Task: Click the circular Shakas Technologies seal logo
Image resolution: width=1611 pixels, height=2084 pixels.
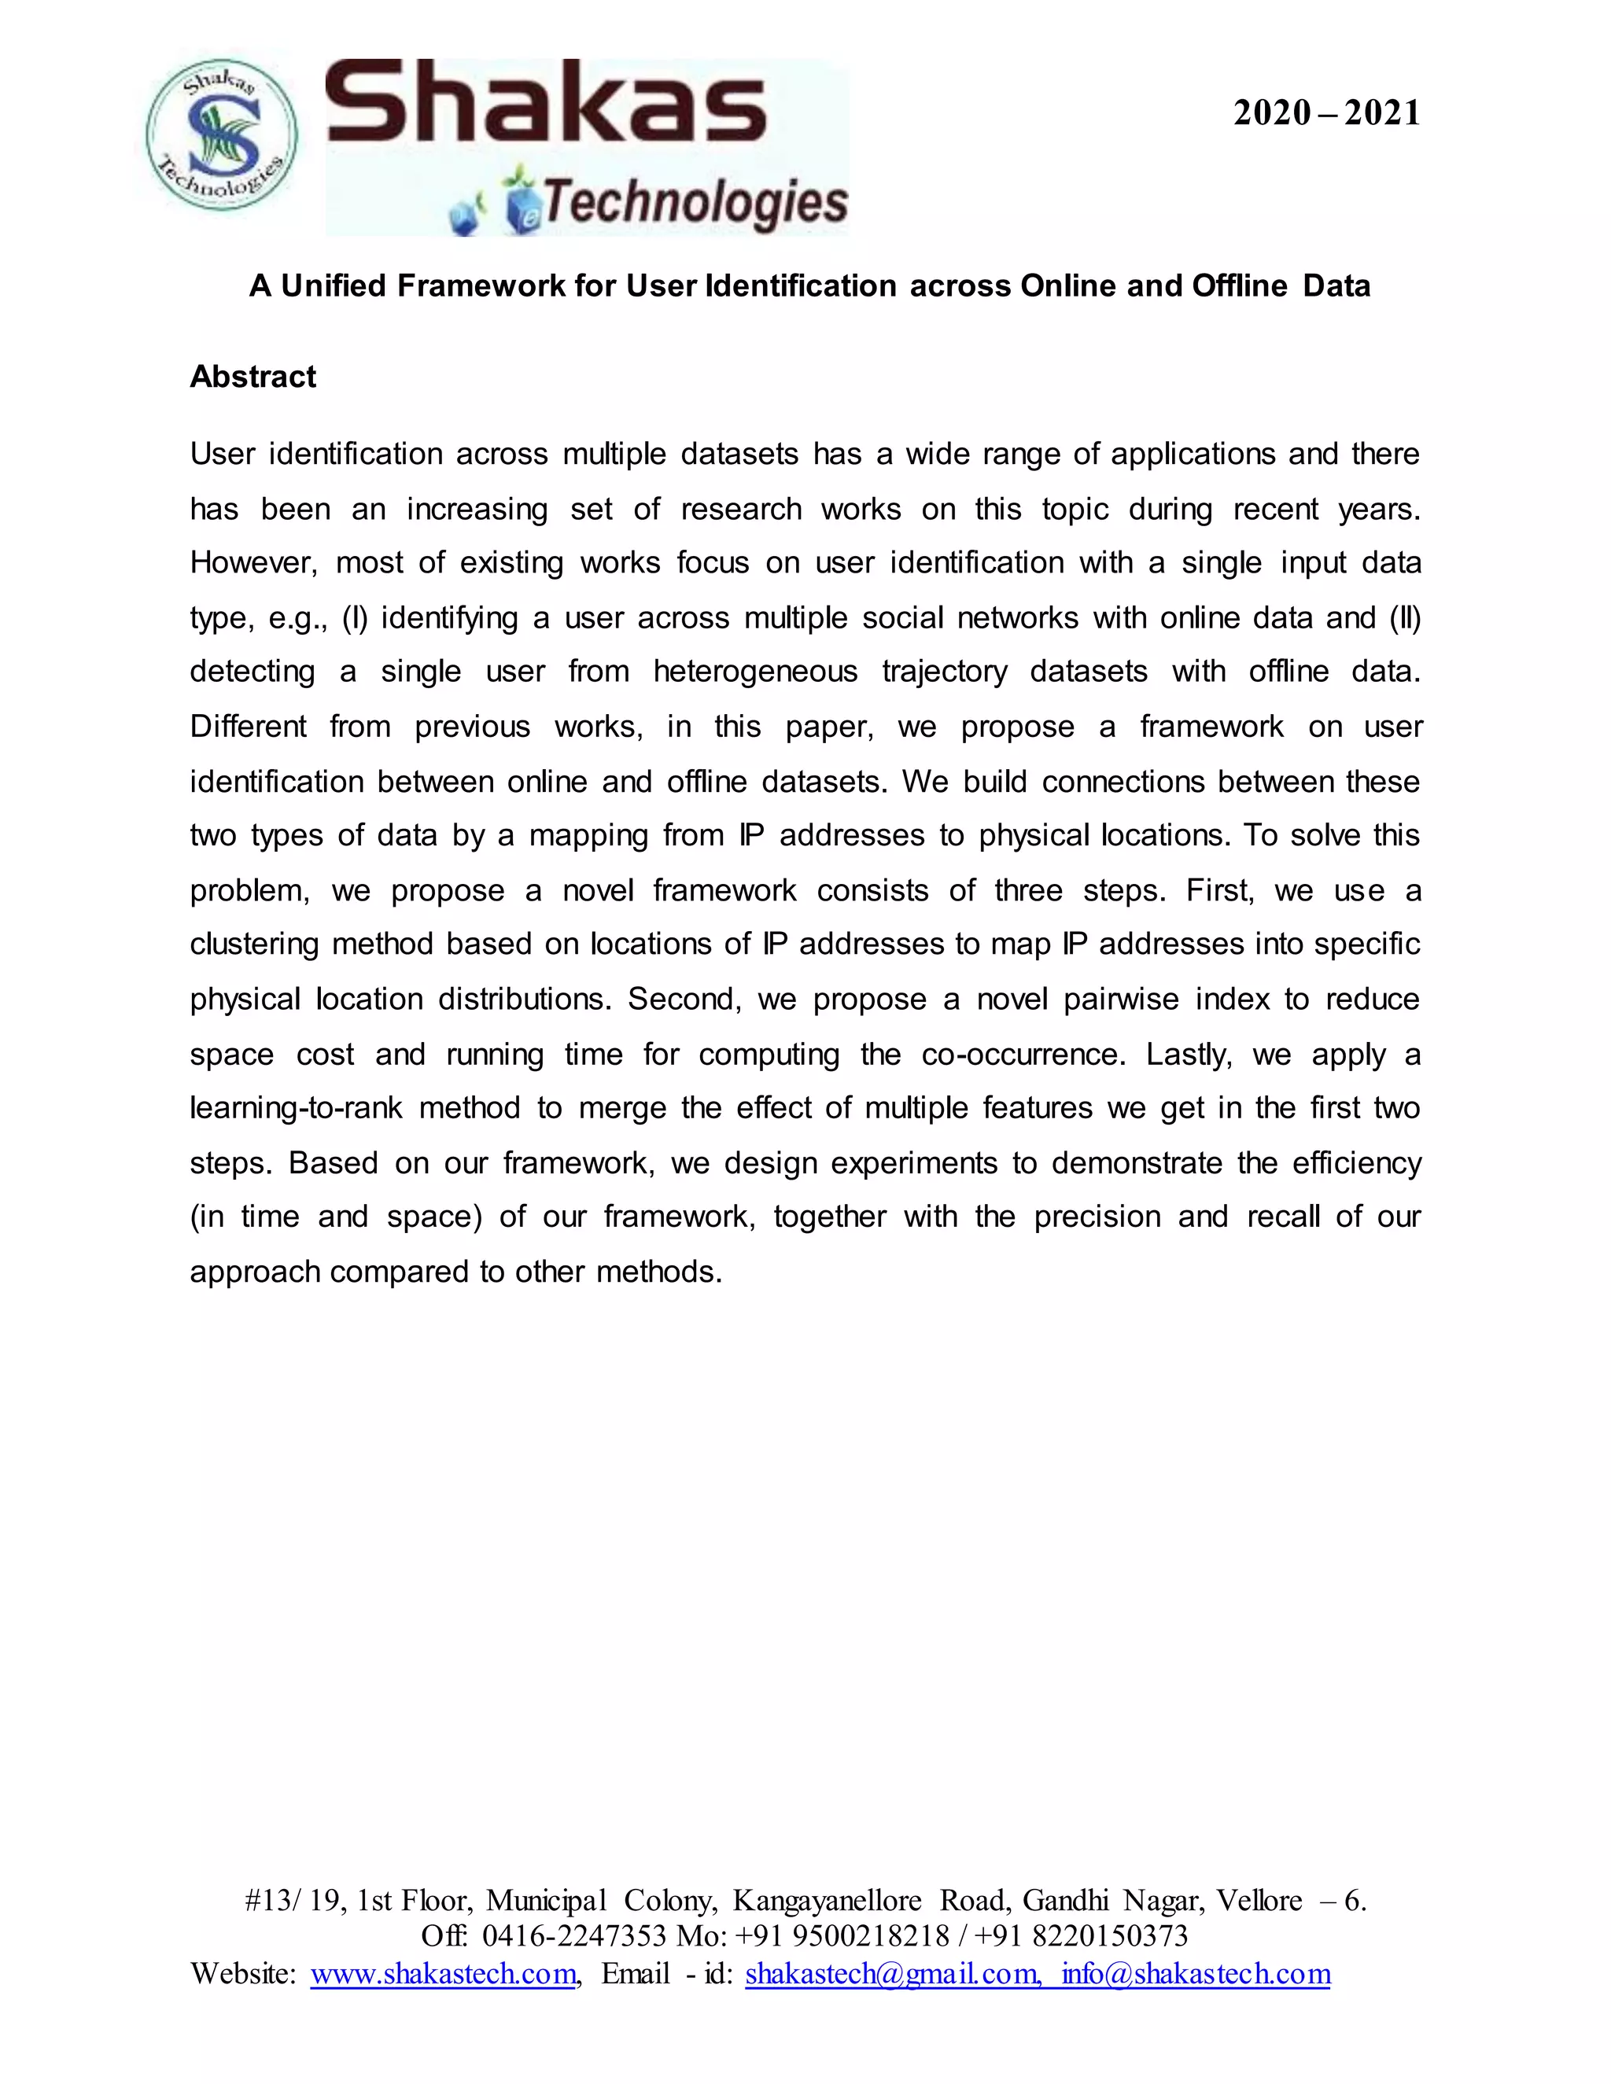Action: (221, 135)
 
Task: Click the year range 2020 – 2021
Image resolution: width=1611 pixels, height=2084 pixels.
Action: (1325, 113)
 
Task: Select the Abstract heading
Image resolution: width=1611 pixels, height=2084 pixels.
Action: (253, 377)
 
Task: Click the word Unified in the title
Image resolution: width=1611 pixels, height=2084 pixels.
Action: (334, 285)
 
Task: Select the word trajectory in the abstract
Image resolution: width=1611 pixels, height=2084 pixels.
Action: (944, 672)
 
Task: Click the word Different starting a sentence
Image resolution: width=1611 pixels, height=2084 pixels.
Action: (248, 727)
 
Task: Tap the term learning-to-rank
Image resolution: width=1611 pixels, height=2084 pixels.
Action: (295, 1109)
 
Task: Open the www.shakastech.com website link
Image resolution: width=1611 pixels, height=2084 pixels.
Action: (444, 1973)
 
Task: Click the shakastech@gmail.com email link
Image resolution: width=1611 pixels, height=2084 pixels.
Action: (890, 1973)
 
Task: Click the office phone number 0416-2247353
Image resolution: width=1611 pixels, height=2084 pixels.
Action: (573, 1936)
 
